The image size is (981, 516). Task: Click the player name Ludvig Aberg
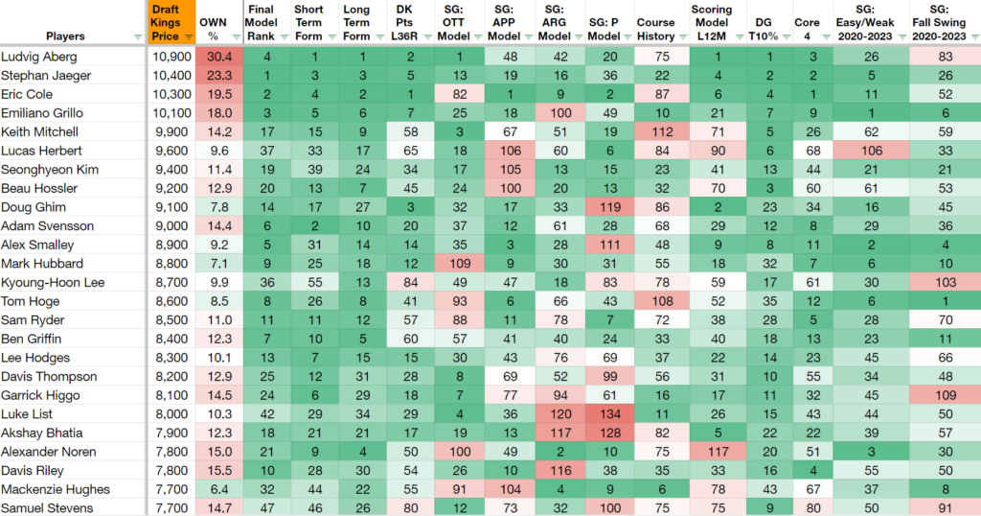pos(38,57)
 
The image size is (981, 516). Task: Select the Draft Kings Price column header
pos(165,23)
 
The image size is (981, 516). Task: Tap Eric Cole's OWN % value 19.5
pos(219,94)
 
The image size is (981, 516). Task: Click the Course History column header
pos(655,30)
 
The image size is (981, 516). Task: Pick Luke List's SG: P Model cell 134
pos(610,414)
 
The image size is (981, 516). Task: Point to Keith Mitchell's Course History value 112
pos(662,132)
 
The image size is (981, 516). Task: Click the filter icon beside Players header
pos(138,37)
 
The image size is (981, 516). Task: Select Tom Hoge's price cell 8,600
pos(171,301)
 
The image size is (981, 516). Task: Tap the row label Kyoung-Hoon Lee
pos(53,282)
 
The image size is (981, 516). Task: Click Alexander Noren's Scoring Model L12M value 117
pos(719,452)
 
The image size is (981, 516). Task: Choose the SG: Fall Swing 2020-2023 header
pos(939,23)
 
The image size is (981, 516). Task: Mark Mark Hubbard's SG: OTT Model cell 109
pos(460,264)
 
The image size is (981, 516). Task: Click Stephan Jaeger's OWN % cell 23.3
pos(219,75)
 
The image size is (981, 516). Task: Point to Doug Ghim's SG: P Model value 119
pos(610,207)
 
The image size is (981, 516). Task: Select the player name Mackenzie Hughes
pos(55,489)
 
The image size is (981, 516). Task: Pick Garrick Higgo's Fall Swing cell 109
pos(946,395)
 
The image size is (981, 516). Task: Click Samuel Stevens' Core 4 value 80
pos(813,508)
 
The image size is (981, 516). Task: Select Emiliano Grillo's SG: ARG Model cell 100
pos(560,113)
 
